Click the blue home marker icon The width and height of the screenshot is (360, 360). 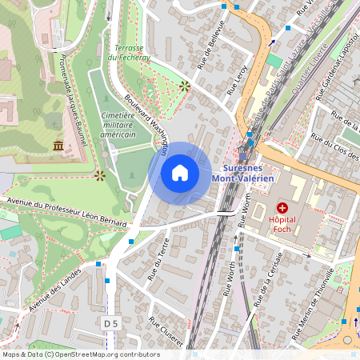pos(180,173)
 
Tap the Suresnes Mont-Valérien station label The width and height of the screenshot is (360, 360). pos(254,173)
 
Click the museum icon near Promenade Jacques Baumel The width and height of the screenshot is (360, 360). pos(58,145)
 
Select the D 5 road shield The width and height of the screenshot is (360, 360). pos(110,323)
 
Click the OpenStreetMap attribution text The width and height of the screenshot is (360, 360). pos(80,354)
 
